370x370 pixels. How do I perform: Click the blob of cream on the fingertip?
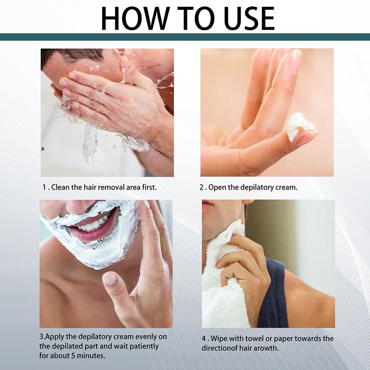tap(301, 126)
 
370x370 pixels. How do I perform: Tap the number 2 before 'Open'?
tap(202, 187)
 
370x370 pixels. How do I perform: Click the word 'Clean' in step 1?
tap(61, 187)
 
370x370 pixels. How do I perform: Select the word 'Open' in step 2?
tap(218, 187)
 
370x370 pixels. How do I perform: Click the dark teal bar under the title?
tap(185, 37)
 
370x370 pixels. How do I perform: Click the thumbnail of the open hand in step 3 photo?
tap(110, 278)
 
